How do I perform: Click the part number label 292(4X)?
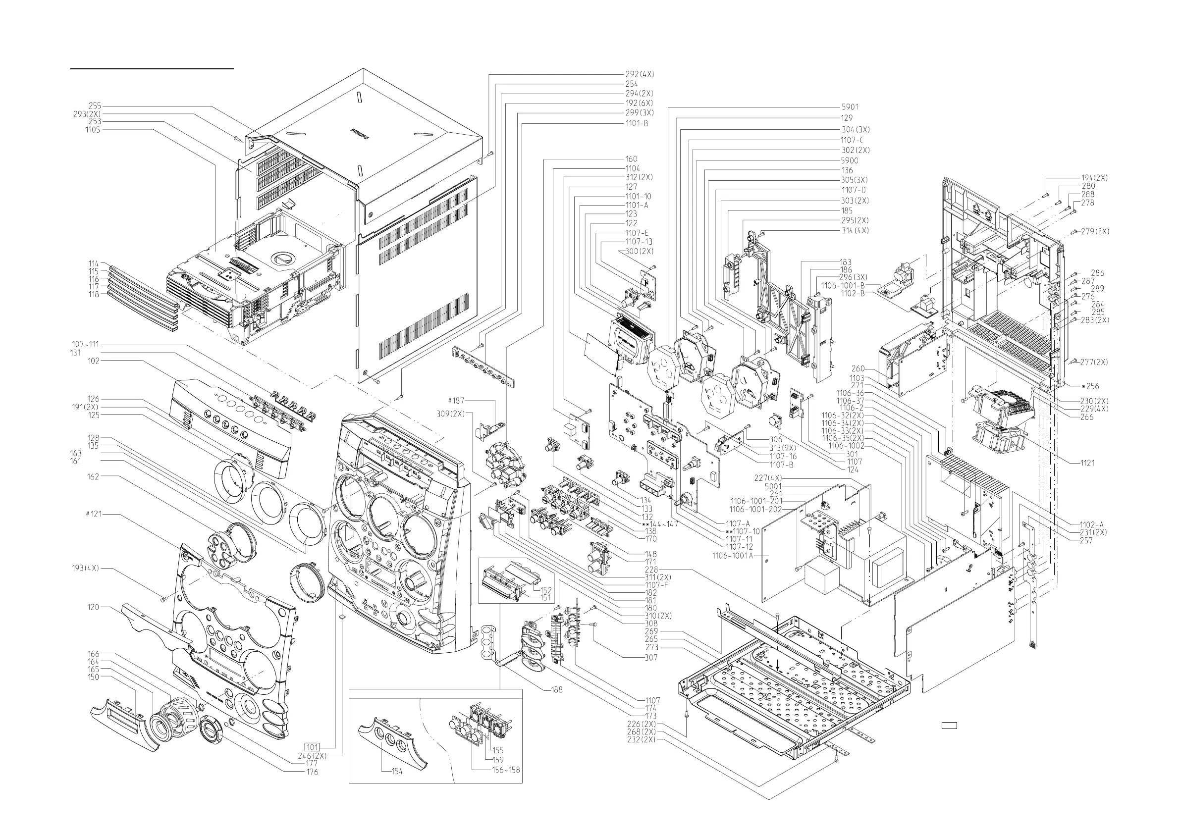(x=640, y=74)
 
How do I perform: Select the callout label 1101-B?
(x=636, y=123)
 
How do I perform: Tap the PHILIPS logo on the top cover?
(x=360, y=134)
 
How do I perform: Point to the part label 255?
(x=95, y=106)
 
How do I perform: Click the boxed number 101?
(x=313, y=747)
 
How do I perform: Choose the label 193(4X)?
(x=85, y=568)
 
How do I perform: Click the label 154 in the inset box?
(x=397, y=771)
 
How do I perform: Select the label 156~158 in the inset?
(x=506, y=769)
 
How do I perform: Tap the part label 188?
(x=557, y=689)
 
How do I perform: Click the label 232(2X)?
(x=642, y=739)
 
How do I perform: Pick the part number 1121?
(x=1087, y=463)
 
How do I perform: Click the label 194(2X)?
(x=1094, y=178)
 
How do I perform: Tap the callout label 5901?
(x=850, y=107)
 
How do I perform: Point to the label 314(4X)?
(x=855, y=231)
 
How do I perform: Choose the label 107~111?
(x=85, y=344)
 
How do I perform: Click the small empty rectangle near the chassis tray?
(x=949, y=725)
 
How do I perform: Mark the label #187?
(x=455, y=401)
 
